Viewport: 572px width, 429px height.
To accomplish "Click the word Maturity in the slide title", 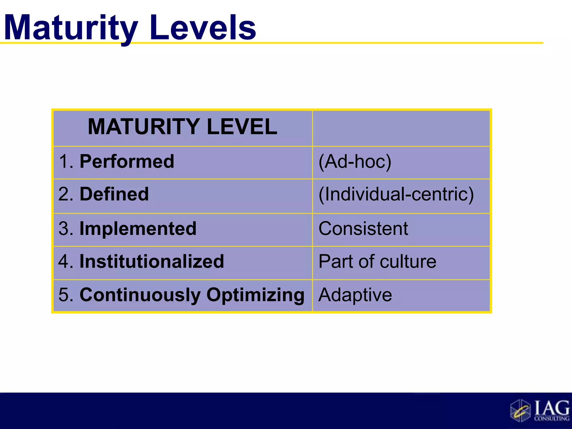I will point(71,28).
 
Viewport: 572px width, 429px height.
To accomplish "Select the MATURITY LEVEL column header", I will point(182,127).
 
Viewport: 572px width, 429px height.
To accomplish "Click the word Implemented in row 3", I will point(138,228).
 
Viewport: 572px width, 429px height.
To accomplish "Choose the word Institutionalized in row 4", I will point(152,261).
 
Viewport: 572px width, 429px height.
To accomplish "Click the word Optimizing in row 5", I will point(256,295).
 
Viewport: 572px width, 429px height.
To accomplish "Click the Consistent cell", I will point(363,228).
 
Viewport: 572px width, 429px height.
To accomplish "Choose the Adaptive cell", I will point(355,295).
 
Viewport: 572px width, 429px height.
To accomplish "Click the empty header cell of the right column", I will point(401,128).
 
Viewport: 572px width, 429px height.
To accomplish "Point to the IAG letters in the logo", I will point(552,408).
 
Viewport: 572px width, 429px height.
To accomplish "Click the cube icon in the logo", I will point(520,411).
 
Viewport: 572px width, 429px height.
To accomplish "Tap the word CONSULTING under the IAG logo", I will point(552,418).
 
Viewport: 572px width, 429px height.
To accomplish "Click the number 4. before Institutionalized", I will point(66,261).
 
